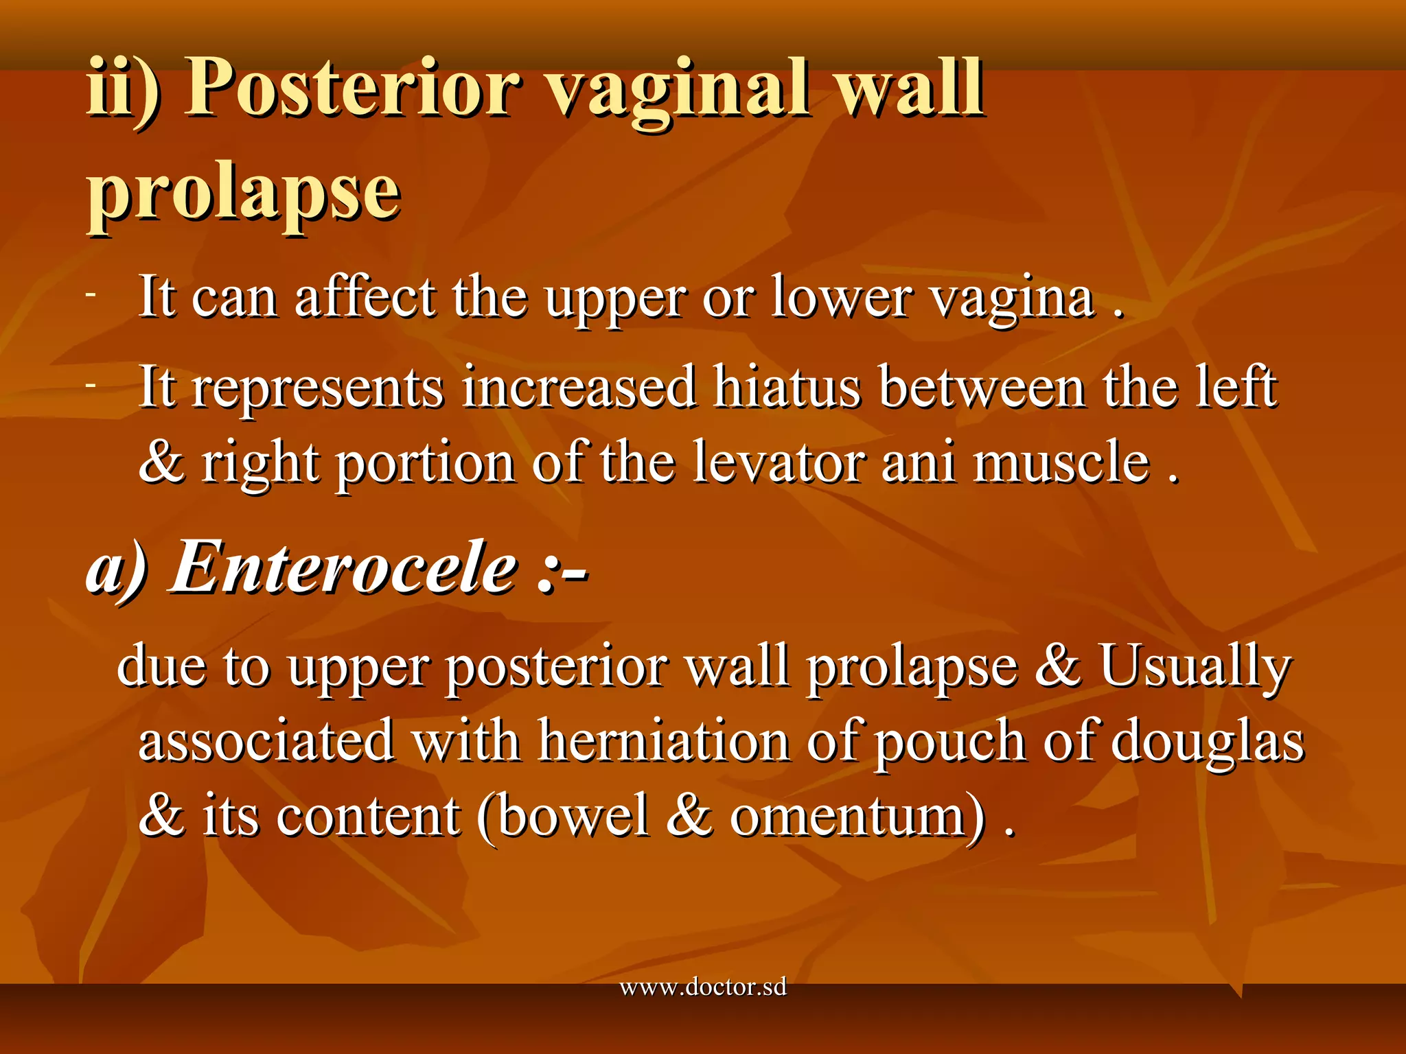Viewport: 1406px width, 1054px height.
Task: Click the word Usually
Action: (x=1195, y=666)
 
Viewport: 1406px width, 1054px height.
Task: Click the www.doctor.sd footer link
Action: (x=703, y=988)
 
